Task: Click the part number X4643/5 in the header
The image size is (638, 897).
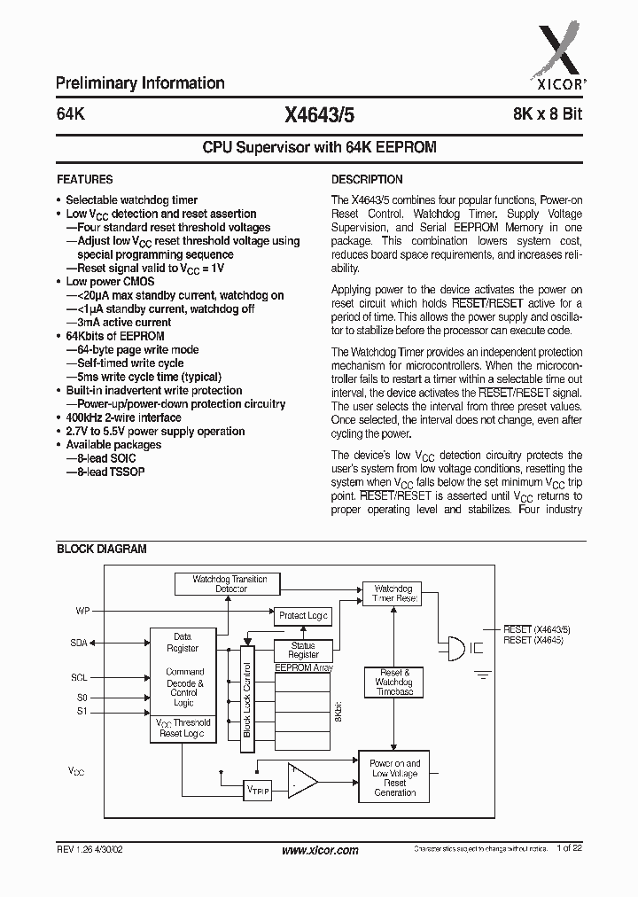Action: [x=319, y=114]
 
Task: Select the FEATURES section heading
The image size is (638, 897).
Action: [x=84, y=179]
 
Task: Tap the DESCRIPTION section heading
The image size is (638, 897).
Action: [x=367, y=179]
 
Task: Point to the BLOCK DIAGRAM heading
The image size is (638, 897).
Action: [x=102, y=549]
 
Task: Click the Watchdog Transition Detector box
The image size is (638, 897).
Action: [x=230, y=583]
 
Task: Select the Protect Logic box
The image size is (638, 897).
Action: [x=303, y=615]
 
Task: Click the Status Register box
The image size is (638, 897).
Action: [x=303, y=651]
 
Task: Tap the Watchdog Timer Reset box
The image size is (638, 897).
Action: [x=393, y=593]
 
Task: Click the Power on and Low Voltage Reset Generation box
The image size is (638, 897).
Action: [x=394, y=776]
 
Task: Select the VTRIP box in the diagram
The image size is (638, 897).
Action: [x=258, y=790]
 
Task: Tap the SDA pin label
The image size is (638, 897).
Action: [x=79, y=643]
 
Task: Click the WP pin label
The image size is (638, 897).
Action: [x=82, y=611]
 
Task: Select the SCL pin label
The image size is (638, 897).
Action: [x=79, y=677]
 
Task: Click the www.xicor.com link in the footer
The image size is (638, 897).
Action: [x=319, y=850]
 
